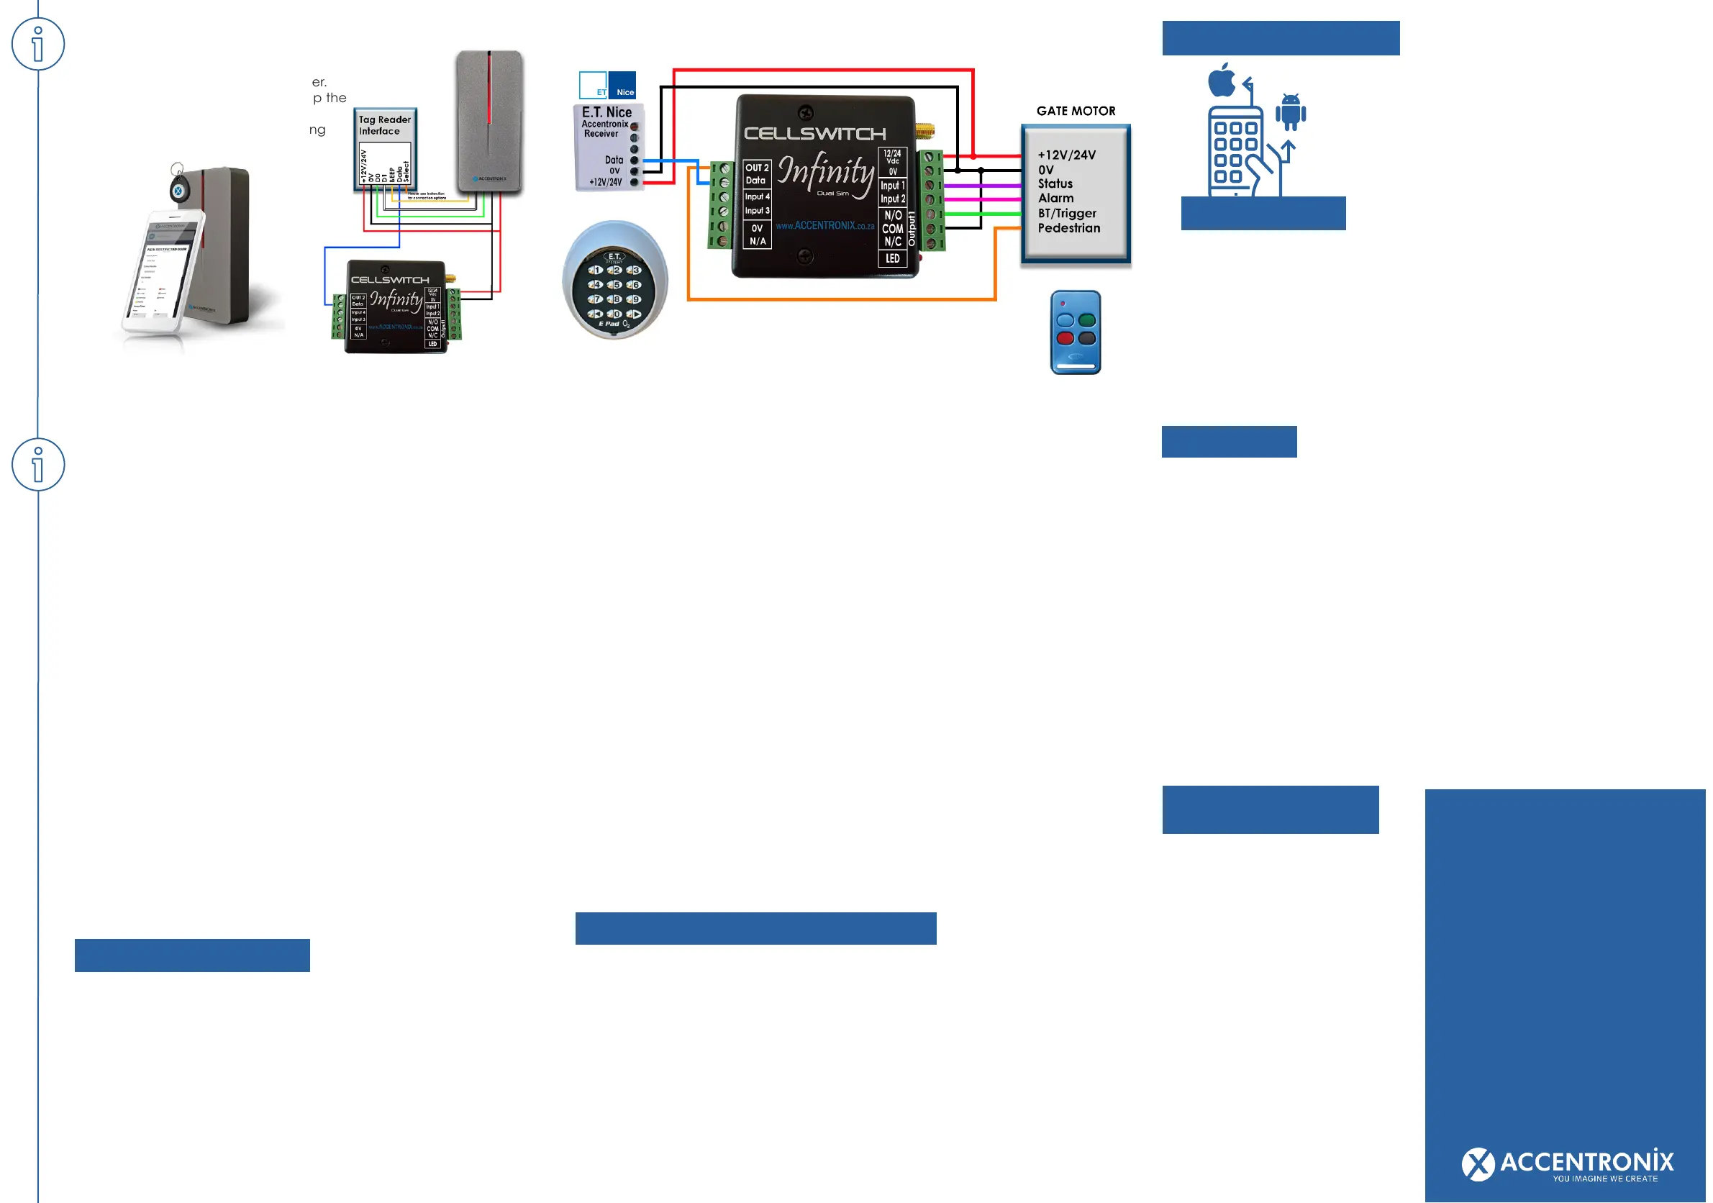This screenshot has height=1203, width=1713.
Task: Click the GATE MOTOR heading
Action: click(x=1075, y=112)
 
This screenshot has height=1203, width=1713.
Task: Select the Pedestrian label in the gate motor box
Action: click(x=1068, y=228)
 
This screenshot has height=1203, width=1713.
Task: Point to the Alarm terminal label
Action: click(x=1055, y=199)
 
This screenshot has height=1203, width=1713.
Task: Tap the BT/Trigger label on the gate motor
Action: click(x=1067, y=214)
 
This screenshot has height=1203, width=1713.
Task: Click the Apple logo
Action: click(x=1222, y=80)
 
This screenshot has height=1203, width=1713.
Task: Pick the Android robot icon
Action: click(x=1290, y=112)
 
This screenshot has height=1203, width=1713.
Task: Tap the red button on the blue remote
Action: click(x=1065, y=338)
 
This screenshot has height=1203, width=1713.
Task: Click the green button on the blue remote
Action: click(x=1087, y=321)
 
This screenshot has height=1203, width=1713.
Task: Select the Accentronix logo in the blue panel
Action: click(x=1567, y=1164)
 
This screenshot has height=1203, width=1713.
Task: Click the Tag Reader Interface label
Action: click(x=384, y=125)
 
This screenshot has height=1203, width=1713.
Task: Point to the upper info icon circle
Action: click(x=38, y=44)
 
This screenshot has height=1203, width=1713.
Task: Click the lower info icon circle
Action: click(x=38, y=464)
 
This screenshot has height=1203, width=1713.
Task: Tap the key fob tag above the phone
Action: click(x=178, y=186)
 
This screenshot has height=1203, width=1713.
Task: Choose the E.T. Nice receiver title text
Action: click(x=606, y=113)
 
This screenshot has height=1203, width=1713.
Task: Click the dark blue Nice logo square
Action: click(x=622, y=85)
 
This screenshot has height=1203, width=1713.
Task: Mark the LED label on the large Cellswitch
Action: click(x=892, y=259)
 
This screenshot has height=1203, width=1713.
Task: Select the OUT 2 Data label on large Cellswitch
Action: click(x=757, y=174)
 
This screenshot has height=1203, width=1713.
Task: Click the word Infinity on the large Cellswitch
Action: click(x=825, y=172)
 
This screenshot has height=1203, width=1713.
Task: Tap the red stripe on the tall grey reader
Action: click(x=489, y=89)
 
